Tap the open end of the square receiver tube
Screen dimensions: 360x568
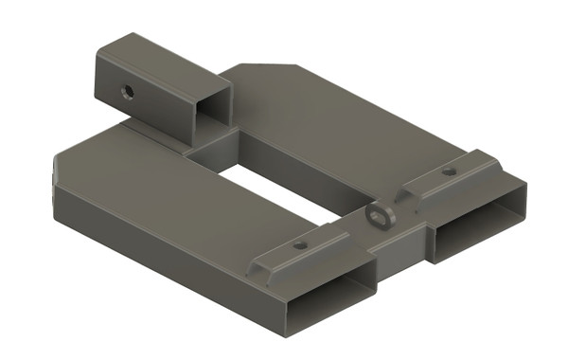(214, 107)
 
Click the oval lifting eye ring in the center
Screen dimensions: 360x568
(382, 217)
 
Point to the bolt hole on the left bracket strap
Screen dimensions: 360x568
(300, 245)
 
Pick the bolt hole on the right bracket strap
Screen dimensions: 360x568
(448, 172)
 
